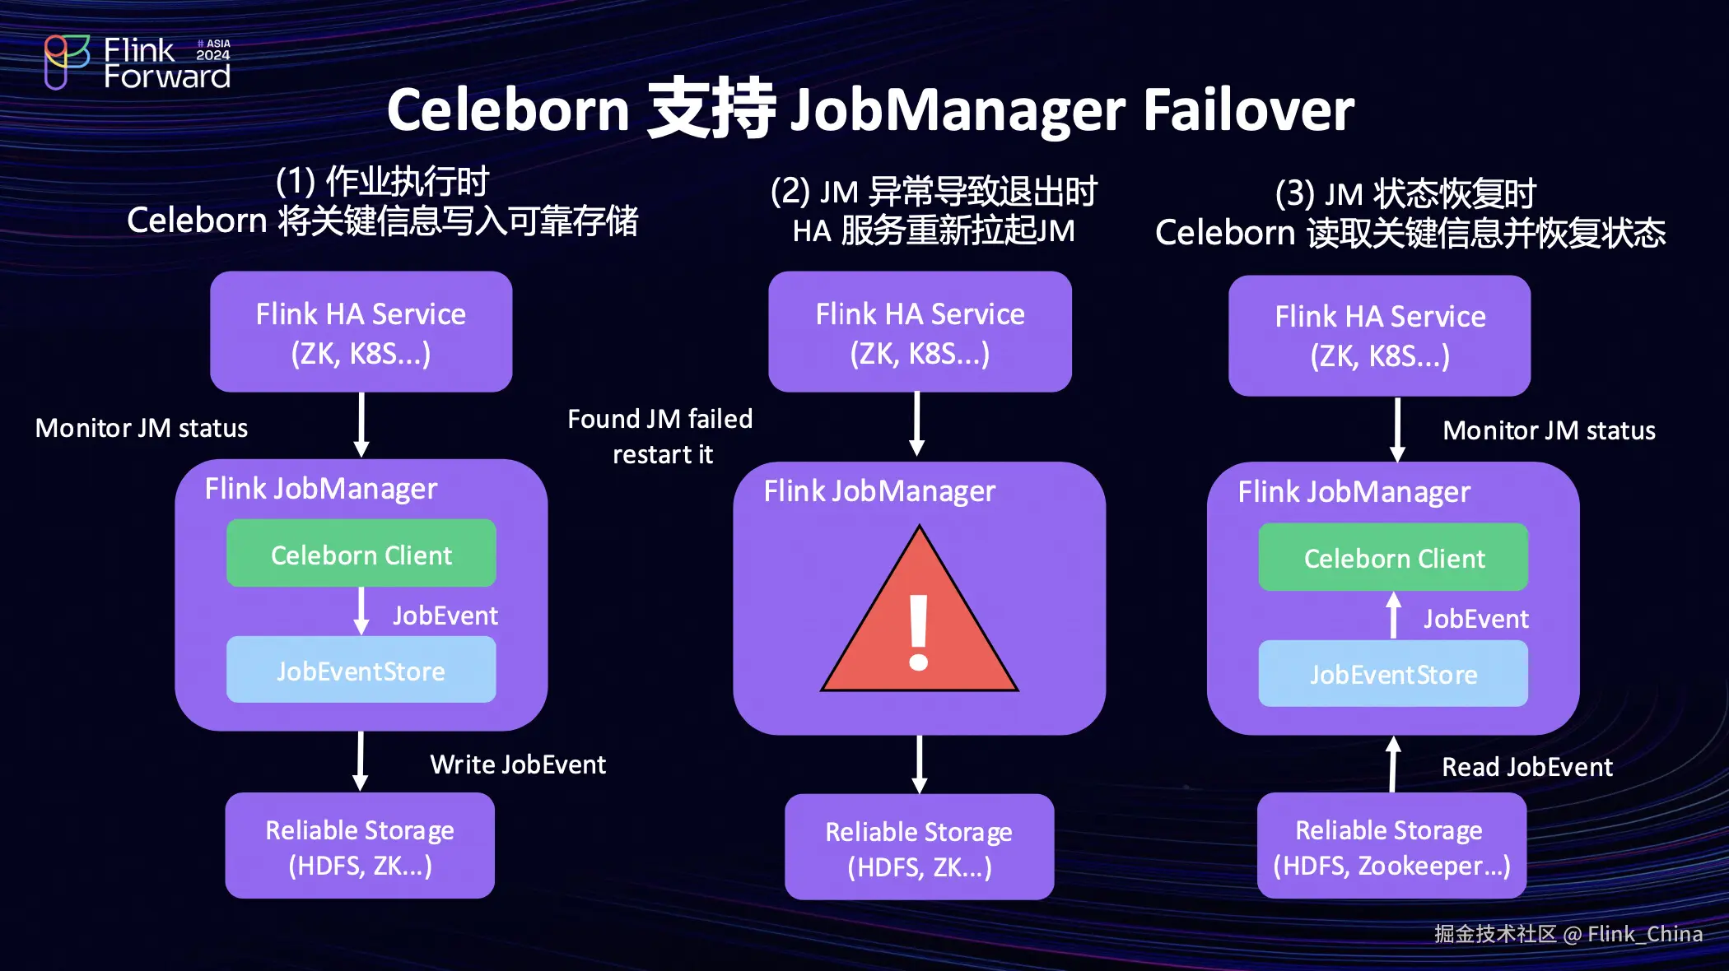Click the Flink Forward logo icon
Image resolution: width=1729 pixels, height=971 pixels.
click(x=66, y=61)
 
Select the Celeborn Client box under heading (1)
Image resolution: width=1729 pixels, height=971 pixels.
click(x=361, y=554)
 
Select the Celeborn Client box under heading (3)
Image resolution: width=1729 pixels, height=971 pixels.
click(x=1393, y=558)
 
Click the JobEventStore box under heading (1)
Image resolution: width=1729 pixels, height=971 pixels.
click(x=361, y=670)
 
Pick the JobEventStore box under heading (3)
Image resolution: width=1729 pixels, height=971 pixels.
click(x=1393, y=674)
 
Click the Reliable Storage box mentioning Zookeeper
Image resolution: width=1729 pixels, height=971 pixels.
click(x=1391, y=847)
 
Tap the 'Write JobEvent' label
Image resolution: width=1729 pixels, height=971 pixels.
click(x=518, y=764)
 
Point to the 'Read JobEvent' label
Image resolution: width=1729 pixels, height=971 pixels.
click(x=1526, y=767)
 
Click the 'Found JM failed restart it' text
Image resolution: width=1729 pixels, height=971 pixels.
click(x=660, y=436)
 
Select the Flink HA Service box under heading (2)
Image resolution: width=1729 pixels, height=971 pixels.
click(x=920, y=332)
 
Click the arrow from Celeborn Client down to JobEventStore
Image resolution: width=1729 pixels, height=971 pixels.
click(x=361, y=611)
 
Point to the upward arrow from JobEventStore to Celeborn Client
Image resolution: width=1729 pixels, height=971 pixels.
click(x=1393, y=615)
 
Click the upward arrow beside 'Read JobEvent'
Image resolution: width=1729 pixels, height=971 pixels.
click(x=1392, y=764)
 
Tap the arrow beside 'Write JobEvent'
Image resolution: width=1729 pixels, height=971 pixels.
click(x=360, y=761)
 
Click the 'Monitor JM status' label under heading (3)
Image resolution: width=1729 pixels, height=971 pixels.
click(x=1549, y=430)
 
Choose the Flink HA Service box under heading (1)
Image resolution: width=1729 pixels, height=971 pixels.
click(x=361, y=332)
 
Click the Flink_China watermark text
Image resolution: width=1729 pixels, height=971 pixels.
click(x=1644, y=934)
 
